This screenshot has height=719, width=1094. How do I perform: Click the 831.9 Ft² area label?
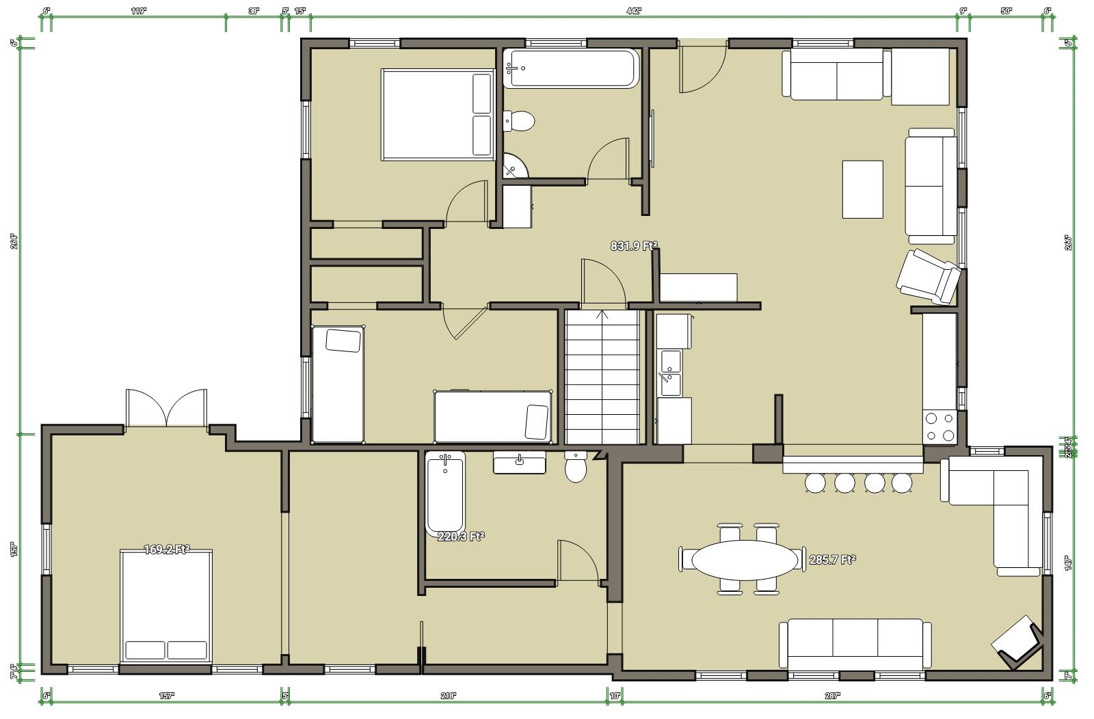tap(633, 246)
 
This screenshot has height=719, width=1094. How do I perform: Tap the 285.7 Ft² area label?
tap(832, 560)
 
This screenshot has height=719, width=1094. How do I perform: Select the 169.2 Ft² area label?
tap(166, 550)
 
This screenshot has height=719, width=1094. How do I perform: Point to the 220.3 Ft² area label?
tap(461, 537)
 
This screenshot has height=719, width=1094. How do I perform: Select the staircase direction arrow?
tap(602, 316)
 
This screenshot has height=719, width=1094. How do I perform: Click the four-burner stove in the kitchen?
tap(939, 426)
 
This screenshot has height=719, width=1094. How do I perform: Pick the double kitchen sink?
tap(669, 373)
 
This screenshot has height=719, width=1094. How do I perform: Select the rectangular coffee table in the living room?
tap(862, 189)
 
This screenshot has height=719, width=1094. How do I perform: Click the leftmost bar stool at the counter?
tap(815, 483)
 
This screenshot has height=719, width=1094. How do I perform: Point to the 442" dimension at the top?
tap(634, 11)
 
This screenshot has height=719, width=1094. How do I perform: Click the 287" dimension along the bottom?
tap(832, 696)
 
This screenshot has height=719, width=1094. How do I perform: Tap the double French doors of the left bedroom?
tap(166, 408)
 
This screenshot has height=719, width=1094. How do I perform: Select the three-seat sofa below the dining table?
tap(855, 644)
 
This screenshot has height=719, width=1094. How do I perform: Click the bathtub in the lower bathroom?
tap(445, 493)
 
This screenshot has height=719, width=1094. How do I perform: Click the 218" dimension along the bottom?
tap(447, 696)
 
